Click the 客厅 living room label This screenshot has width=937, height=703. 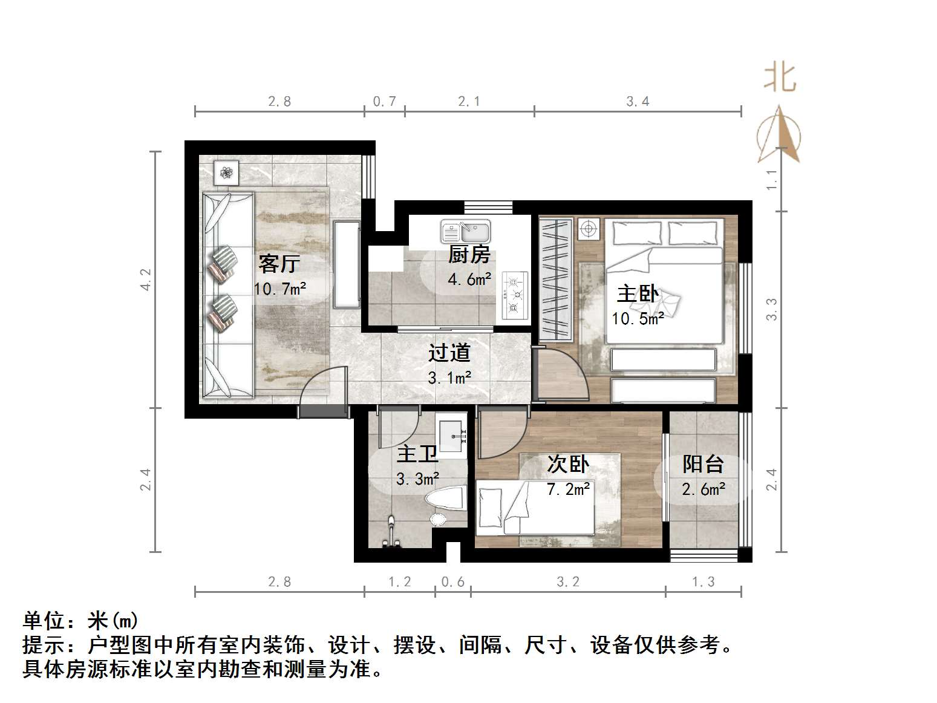[279, 264]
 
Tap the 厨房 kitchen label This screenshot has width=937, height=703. [469, 255]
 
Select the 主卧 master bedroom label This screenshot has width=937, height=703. [638, 294]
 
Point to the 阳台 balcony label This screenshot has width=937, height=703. [704, 464]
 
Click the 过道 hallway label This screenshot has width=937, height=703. [449, 353]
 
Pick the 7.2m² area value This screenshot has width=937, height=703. [568, 489]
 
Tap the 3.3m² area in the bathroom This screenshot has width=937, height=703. [417, 479]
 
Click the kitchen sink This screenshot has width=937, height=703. [466, 231]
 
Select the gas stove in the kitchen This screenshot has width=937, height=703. [515, 296]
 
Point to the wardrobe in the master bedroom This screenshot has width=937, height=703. [555, 280]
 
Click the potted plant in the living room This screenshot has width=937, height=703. [227, 173]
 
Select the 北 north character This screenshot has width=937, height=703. [780, 78]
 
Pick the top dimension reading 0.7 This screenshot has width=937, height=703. [384, 101]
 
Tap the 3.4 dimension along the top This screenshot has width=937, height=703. [638, 101]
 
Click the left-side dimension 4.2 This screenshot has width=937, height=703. [146, 280]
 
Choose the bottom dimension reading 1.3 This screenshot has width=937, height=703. [703, 582]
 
